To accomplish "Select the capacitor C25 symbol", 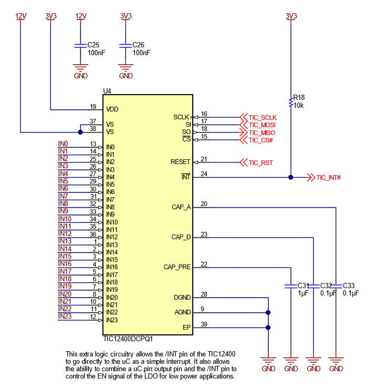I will pyautogui.click(x=80, y=45).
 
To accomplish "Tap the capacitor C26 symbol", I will pyautogui.click(x=126, y=45).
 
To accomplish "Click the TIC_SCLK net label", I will pyautogui.click(x=262, y=117).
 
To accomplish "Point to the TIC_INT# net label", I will pyautogui.click(x=329, y=178).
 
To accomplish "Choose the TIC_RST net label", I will pyautogui.click(x=261, y=162).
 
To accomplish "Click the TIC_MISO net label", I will pyautogui.click(x=262, y=132).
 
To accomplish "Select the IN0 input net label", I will pyautogui.click(x=63, y=144).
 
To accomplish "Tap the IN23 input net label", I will pyautogui.click(x=65, y=316).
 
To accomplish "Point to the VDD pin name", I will pyautogui.click(x=112, y=109).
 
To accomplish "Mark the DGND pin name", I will pyautogui.click(x=182, y=298).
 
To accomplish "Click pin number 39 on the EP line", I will pyautogui.click(x=204, y=324).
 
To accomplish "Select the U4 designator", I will pyautogui.click(x=107, y=91).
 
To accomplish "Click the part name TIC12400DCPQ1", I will pyautogui.click(x=128, y=340).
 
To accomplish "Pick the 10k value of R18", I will pyautogui.click(x=298, y=105).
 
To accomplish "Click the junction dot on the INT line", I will pyautogui.click(x=290, y=178).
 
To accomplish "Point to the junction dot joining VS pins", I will pyautogui.click(x=80, y=132).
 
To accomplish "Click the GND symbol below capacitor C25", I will pyautogui.click(x=80, y=70).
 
